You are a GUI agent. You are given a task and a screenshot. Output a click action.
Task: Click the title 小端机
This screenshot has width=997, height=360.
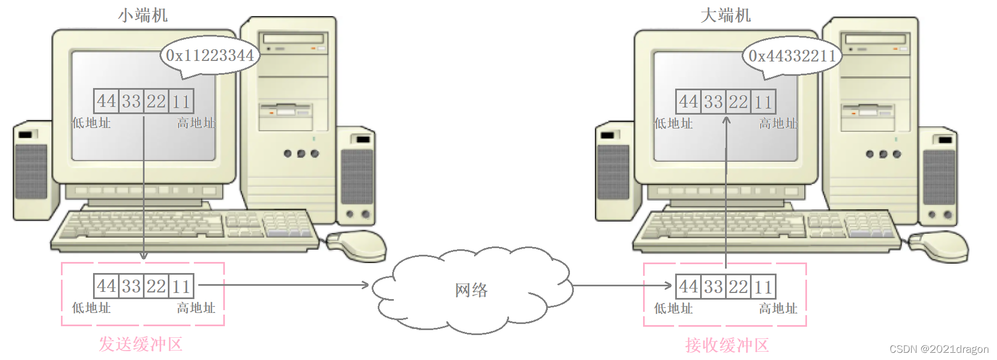(x=142, y=15)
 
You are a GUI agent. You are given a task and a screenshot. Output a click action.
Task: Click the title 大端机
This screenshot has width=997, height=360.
(x=726, y=15)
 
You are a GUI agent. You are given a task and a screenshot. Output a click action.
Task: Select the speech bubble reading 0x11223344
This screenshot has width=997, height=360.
(x=210, y=55)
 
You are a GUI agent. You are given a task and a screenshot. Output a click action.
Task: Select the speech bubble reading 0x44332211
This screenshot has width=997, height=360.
(x=792, y=56)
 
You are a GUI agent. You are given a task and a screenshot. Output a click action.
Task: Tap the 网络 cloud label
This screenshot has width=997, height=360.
(x=471, y=290)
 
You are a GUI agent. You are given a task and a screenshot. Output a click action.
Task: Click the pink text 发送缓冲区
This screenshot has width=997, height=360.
(x=141, y=344)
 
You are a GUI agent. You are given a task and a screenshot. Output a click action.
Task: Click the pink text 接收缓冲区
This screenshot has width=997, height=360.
(x=727, y=345)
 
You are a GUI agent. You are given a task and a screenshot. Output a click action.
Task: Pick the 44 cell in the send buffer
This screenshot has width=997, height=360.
(x=106, y=286)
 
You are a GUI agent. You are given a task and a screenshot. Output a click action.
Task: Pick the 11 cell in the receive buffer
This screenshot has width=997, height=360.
(x=763, y=287)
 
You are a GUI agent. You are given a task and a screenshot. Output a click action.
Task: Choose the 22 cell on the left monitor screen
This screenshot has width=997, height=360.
(x=156, y=101)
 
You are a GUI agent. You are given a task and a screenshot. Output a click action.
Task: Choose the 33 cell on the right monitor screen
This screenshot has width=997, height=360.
(x=713, y=102)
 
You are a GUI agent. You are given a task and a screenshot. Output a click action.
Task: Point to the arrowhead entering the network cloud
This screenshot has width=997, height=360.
(x=365, y=285)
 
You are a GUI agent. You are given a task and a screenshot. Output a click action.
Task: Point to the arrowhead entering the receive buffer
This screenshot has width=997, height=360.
(x=668, y=286)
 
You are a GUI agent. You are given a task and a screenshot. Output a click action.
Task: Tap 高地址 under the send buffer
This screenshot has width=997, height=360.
(x=196, y=308)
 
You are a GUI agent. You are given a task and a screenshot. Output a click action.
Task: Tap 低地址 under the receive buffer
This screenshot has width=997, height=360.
(x=673, y=308)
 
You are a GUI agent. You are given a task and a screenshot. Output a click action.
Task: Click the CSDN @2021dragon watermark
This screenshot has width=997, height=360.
(x=939, y=349)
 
